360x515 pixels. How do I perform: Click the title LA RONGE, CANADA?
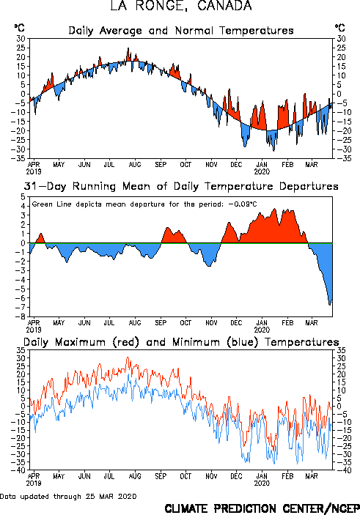click(181, 5)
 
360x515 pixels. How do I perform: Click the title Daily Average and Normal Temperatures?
click(181, 31)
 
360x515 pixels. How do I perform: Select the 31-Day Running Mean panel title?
click(181, 187)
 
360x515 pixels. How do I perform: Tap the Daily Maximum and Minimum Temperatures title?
click(181, 342)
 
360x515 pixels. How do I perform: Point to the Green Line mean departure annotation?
click(144, 204)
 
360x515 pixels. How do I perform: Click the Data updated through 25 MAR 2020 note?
click(68, 496)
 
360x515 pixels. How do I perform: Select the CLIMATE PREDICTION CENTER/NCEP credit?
click(262, 508)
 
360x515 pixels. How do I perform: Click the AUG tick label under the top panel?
click(135, 165)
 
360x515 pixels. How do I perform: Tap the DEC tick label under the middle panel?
click(236, 323)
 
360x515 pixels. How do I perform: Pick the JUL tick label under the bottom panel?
click(109, 476)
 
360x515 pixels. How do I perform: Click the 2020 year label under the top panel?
click(262, 171)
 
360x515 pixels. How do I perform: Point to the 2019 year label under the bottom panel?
click(34, 483)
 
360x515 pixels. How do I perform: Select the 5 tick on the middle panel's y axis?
click(23, 197)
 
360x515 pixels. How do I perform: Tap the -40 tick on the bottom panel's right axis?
click(341, 470)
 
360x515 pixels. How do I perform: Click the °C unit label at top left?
click(19, 28)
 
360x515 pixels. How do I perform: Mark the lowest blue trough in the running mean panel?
click(330, 305)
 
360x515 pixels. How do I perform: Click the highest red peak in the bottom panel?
click(128, 357)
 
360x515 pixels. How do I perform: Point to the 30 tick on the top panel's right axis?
click(341, 39)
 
